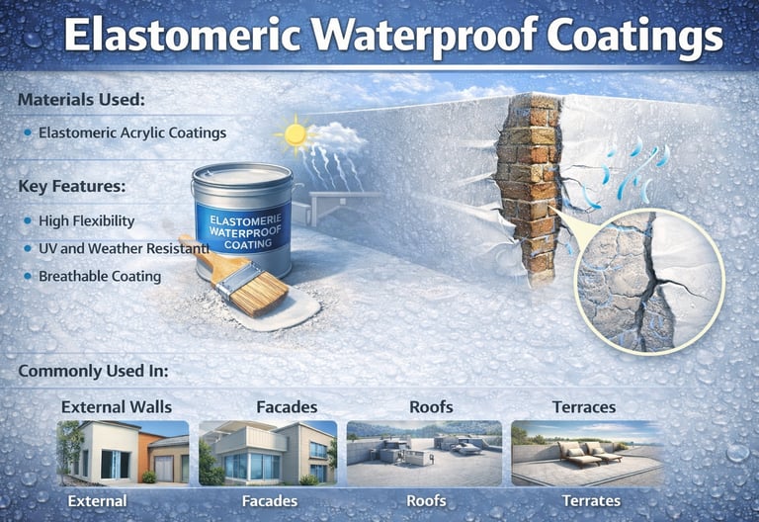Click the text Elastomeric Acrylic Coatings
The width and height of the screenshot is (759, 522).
[x=132, y=131]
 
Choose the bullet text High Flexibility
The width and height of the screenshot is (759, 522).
[x=86, y=220]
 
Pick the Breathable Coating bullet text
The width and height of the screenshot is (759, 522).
[x=100, y=276]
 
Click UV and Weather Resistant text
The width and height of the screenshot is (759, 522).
[x=124, y=248]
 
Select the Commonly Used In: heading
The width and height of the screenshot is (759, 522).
[x=93, y=372]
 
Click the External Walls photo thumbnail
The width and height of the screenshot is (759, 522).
[x=123, y=453]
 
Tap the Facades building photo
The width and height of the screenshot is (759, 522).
[x=267, y=453]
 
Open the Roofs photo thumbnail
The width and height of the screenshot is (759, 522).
[x=424, y=453]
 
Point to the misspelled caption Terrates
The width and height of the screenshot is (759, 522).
[x=591, y=501]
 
